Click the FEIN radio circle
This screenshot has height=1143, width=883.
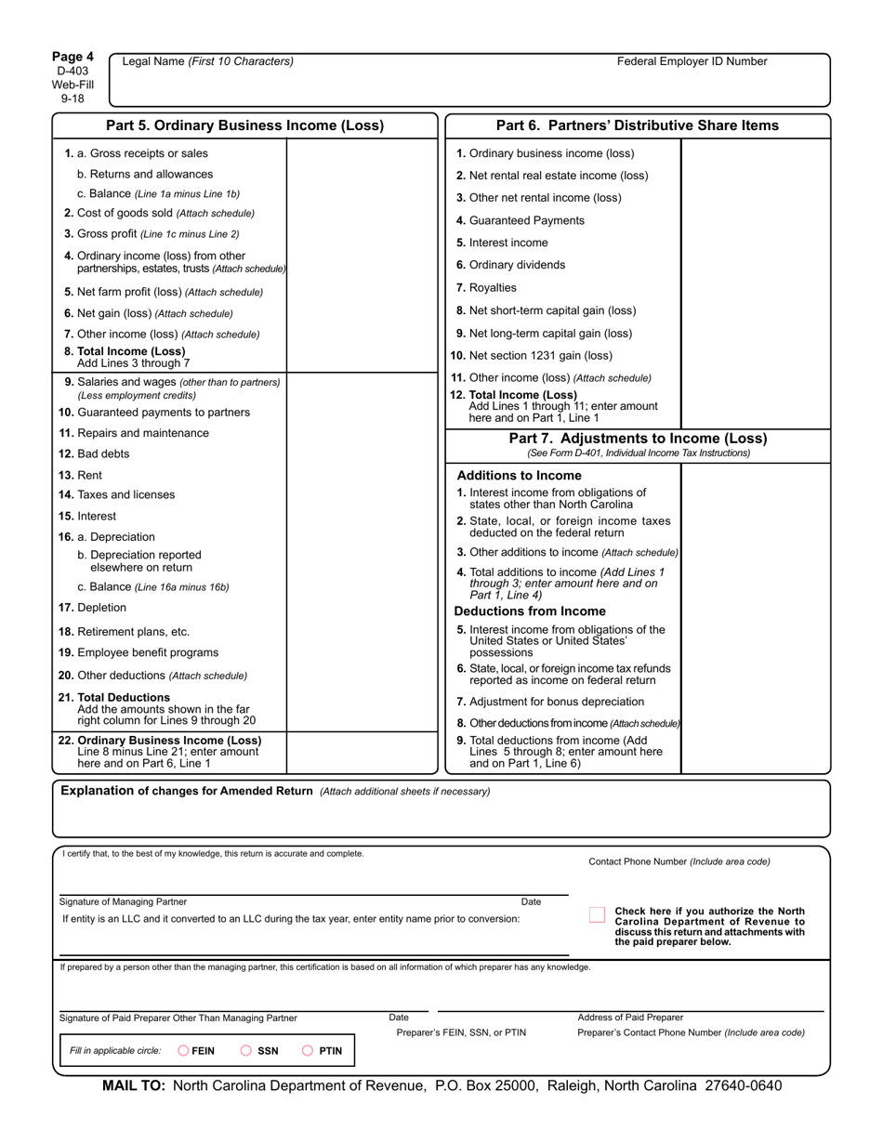(x=183, y=1051)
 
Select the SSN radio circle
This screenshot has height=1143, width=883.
(x=246, y=1051)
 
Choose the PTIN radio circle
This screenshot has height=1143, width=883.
(x=308, y=1051)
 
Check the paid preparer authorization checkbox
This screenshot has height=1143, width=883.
(x=597, y=915)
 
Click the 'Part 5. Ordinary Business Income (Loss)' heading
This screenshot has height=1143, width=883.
(x=244, y=125)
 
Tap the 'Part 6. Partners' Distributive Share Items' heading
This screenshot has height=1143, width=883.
(x=638, y=125)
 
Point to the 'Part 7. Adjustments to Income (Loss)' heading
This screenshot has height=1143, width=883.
(x=638, y=439)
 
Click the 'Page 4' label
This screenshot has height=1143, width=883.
(x=72, y=57)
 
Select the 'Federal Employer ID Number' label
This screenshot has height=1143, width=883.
(x=692, y=61)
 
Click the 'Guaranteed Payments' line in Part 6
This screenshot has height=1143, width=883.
(x=521, y=220)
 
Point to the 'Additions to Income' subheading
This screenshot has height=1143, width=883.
(x=519, y=475)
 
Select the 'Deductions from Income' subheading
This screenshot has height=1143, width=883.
(x=530, y=611)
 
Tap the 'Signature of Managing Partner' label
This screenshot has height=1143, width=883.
(x=123, y=901)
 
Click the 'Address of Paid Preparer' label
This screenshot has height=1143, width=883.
(x=629, y=1018)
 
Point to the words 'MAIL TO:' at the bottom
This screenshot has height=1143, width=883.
(x=133, y=1086)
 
